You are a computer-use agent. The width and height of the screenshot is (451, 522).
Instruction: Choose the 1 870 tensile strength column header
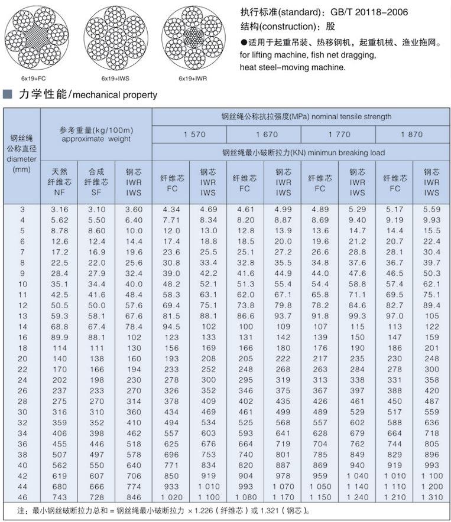click(x=411, y=134)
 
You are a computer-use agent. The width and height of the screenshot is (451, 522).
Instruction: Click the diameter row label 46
click(x=22, y=497)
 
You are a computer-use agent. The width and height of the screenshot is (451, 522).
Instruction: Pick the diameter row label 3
click(x=22, y=210)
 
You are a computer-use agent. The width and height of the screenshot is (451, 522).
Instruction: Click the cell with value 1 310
click(x=431, y=497)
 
